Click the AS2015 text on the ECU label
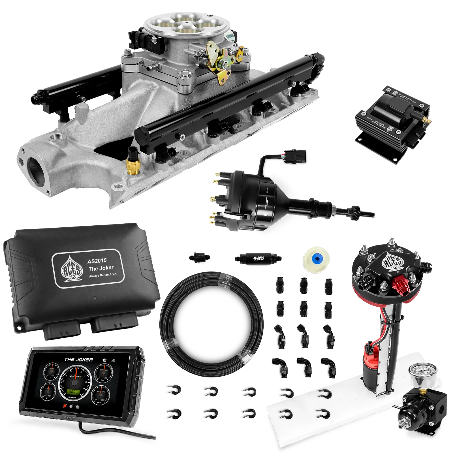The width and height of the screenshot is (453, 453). pyautogui.click(x=97, y=261)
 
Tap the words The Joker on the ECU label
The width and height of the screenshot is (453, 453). pyautogui.click(x=101, y=268)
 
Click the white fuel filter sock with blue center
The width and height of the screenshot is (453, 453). pyautogui.click(x=314, y=258)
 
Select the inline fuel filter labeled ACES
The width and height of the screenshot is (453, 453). pyautogui.click(x=258, y=258)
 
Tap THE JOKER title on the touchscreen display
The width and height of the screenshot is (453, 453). pyautogui.click(x=78, y=360)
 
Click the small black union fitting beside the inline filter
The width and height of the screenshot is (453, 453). pyautogui.click(x=199, y=257)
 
